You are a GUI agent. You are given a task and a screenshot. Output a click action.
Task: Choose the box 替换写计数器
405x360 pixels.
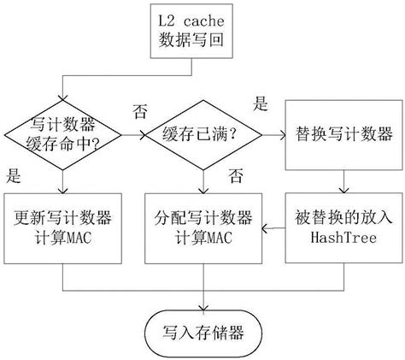pos(343,135)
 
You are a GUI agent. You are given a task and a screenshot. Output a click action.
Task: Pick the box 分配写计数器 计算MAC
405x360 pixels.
pos(203,227)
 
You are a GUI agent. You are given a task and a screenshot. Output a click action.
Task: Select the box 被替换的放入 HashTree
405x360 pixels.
pos(343,227)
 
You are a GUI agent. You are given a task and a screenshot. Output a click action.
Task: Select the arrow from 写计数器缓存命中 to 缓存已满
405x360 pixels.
pos(132,136)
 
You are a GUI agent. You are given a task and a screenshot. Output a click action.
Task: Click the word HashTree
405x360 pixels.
pos(343,237)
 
